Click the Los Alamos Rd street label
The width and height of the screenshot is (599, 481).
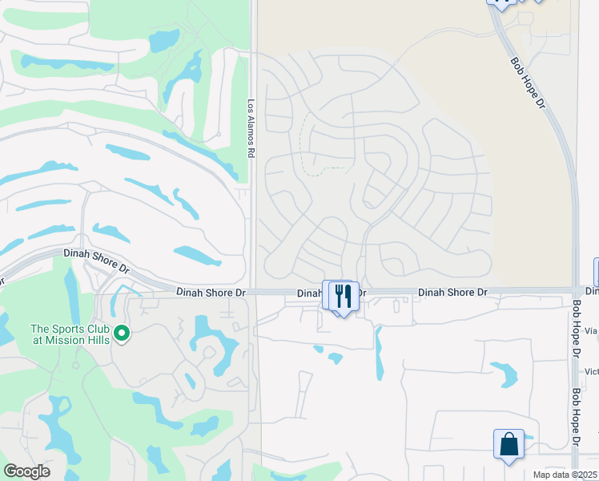[x=251, y=128]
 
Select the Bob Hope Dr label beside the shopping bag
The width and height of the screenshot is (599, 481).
[x=575, y=418]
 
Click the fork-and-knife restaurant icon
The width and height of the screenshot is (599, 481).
[x=344, y=296]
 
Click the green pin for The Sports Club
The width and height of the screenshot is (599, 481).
[x=122, y=332]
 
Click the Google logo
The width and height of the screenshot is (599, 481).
[x=26, y=471]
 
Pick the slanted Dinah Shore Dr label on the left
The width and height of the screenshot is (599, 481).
[x=95, y=259]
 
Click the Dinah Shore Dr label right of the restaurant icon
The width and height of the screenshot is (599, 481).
[x=452, y=293]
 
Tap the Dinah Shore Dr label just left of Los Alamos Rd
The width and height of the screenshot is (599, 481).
[x=211, y=293]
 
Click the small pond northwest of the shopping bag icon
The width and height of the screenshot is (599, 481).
[x=505, y=373]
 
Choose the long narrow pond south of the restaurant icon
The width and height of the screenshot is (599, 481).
[x=379, y=353]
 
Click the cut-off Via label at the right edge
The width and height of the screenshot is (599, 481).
[x=591, y=329]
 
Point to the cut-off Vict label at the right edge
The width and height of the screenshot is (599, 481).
[x=591, y=371]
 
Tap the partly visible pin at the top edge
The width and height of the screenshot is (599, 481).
[x=501, y=4]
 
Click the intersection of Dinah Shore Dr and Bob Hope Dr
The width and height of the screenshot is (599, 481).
[x=577, y=290]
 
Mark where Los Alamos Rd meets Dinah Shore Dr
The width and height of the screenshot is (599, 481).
[x=253, y=293]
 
